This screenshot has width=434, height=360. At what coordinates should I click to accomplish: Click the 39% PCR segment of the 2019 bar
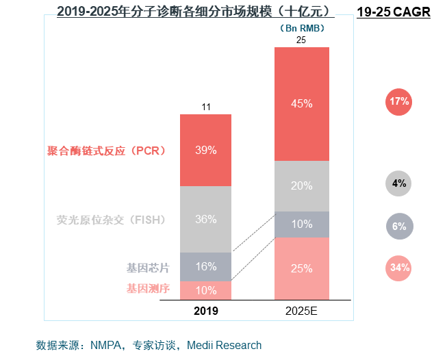click(x=205, y=150)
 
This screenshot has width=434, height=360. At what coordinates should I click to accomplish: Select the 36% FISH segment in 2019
click(x=205, y=219)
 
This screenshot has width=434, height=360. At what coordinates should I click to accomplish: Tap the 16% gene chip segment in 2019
click(x=205, y=266)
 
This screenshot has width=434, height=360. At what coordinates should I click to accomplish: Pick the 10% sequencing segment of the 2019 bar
click(x=205, y=290)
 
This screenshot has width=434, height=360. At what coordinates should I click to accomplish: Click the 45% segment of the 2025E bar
click(x=301, y=104)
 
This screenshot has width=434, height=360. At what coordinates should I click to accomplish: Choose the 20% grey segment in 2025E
click(x=301, y=185)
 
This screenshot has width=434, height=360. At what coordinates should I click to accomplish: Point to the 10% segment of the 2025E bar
click(x=301, y=224)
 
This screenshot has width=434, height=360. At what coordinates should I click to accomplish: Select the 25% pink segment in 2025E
click(x=301, y=268)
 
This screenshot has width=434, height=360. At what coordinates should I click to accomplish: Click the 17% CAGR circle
click(x=398, y=102)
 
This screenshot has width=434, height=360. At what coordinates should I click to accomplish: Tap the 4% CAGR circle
click(x=398, y=183)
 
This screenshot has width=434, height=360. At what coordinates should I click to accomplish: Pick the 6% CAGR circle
click(x=398, y=227)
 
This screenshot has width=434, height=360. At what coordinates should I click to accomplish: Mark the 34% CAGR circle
click(x=398, y=268)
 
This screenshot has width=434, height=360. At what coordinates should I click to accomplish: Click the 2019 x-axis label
click(x=205, y=311)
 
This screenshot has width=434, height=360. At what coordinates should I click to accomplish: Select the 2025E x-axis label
click(x=301, y=311)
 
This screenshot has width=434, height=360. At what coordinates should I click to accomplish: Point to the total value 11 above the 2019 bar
click(x=205, y=107)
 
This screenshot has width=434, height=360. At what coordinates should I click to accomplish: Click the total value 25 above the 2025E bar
click(x=301, y=40)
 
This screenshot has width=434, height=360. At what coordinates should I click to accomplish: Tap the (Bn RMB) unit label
click(x=302, y=28)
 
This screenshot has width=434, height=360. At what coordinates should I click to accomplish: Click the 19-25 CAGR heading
click(x=394, y=12)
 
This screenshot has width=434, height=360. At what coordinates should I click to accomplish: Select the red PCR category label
click(x=107, y=150)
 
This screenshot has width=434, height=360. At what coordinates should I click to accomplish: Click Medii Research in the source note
click(x=227, y=345)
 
